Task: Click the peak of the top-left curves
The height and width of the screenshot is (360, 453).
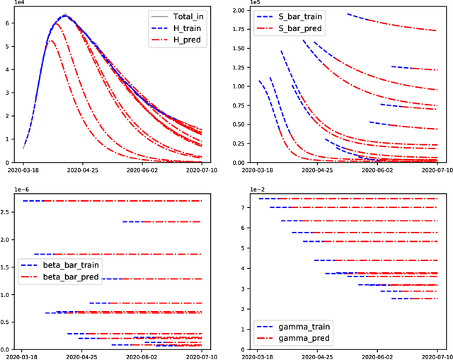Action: coord(64,15)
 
